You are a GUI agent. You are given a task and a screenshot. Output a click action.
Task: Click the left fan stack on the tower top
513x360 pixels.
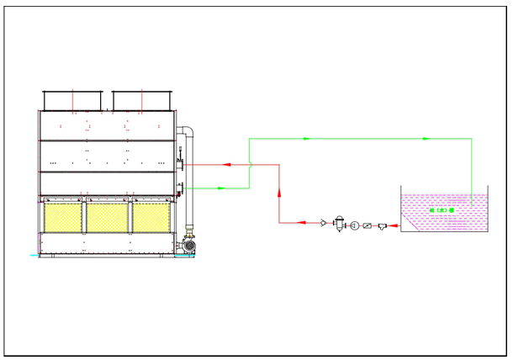[73, 99]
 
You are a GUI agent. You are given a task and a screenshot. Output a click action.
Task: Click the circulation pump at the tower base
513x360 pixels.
[188, 245]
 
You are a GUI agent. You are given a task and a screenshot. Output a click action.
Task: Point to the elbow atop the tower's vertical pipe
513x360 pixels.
[189, 130]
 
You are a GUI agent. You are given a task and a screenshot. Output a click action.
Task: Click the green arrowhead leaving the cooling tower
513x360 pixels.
[221, 188]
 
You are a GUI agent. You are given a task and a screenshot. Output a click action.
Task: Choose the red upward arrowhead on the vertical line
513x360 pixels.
[279, 193]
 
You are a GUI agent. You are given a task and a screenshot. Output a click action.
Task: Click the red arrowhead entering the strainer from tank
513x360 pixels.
[393, 225]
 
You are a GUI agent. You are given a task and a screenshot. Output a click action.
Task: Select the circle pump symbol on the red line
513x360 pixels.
[354, 225]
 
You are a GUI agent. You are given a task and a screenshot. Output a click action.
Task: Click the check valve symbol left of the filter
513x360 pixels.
[324, 224]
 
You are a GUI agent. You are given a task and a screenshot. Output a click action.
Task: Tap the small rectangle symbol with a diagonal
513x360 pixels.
[368, 225]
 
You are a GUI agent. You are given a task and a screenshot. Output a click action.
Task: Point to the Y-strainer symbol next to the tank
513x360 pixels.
[383, 225]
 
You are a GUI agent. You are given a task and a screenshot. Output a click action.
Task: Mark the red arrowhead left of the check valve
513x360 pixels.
[304, 223]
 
